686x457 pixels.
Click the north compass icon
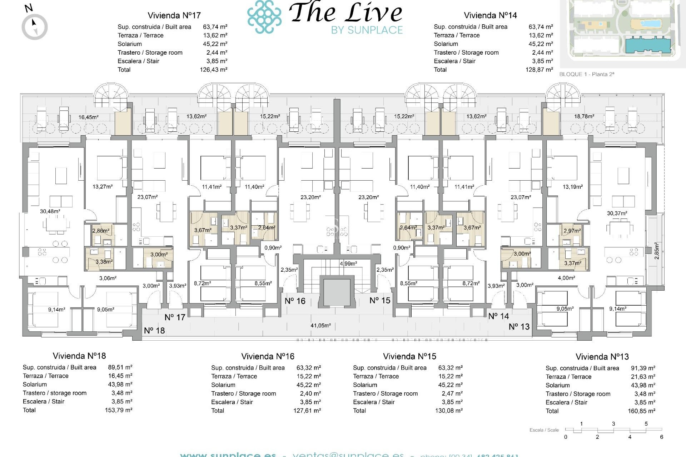[x=35, y=26]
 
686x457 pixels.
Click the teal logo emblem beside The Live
[x=264, y=17]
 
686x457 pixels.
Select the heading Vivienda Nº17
[x=174, y=15]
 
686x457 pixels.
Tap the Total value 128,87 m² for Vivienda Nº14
[x=539, y=70]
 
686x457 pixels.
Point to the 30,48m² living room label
[x=50, y=211]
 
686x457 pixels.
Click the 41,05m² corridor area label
[x=320, y=325]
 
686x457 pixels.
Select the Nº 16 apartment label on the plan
[x=295, y=301]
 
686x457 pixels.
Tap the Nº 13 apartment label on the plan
[x=519, y=327]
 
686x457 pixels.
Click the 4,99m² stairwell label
[x=348, y=263]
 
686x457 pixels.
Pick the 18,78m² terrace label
[x=584, y=116]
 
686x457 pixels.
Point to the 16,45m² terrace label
[x=89, y=117]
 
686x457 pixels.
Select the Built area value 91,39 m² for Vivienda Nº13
[x=643, y=368]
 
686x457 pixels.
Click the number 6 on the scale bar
[x=661, y=437]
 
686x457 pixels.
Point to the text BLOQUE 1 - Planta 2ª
[x=587, y=74]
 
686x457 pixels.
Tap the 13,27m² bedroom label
[x=103, y=187]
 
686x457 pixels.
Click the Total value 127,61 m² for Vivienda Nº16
[x=307, y=411]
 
